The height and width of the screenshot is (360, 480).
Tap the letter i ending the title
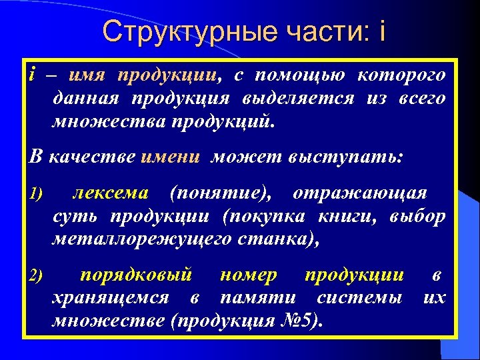pos(382,31)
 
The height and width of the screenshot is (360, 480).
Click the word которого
pos(401,75)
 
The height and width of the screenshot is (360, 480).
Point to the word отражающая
pos(360,193)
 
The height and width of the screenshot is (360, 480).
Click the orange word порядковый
pos(136,274)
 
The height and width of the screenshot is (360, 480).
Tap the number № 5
pos(297,321)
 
